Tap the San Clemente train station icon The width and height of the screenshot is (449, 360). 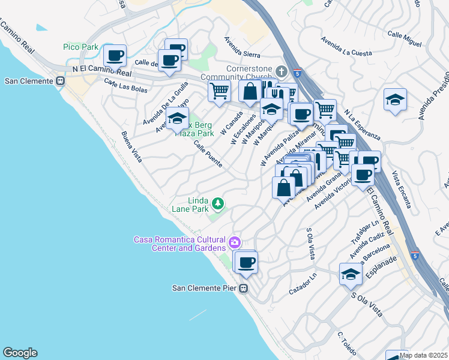click(x=60, y=81)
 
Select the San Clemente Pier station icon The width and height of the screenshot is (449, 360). click(x=244, y=288)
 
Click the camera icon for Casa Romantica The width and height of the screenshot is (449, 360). click(x=234, y=243)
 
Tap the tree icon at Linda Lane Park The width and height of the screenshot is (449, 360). click(x=217, y=204)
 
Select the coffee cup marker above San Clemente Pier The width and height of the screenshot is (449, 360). click(x=246, y=262)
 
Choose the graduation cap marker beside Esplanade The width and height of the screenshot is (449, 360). click(x=351, y=274)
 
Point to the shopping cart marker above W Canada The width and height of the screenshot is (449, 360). click(x=219, y=91)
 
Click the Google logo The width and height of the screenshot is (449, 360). click(x=20, y=353)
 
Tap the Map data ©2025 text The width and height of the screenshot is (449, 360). click(x=423, y=355)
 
